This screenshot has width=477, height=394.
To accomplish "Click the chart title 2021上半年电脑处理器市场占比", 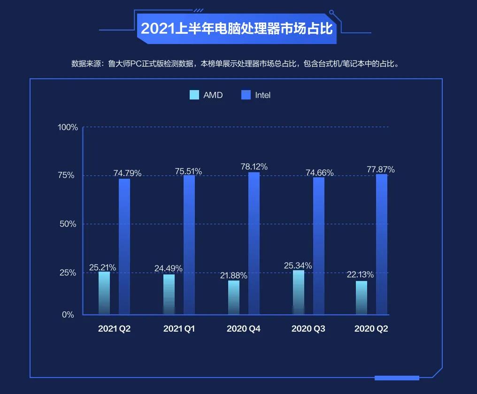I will point(237,29).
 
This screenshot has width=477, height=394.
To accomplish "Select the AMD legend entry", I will point(206,95).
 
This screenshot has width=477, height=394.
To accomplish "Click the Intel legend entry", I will point(256,95).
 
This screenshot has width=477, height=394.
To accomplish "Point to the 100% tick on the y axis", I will point(68,127).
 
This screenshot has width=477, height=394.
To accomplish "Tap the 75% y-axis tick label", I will point(66,175).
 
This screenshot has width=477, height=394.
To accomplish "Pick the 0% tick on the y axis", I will point(68,315).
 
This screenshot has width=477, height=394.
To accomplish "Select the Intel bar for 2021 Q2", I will point(124,246).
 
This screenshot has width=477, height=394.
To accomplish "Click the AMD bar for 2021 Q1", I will point(169,294).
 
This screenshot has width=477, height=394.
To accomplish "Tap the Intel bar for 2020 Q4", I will point(254,243).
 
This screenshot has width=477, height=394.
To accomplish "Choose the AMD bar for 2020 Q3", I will point(298,292).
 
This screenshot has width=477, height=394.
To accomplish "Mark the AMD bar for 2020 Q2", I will point(362,297).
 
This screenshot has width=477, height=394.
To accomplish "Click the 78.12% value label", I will point(254,167).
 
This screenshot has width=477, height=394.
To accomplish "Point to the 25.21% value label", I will point(103,268).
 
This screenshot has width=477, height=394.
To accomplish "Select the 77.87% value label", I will point(381,169).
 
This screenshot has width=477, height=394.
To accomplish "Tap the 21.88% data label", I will point(233,275).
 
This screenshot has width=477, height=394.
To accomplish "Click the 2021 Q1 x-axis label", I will point(179,329).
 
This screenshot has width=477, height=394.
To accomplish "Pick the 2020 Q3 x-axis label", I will point(308,329).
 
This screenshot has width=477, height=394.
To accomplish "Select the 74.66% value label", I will point(320,173).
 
